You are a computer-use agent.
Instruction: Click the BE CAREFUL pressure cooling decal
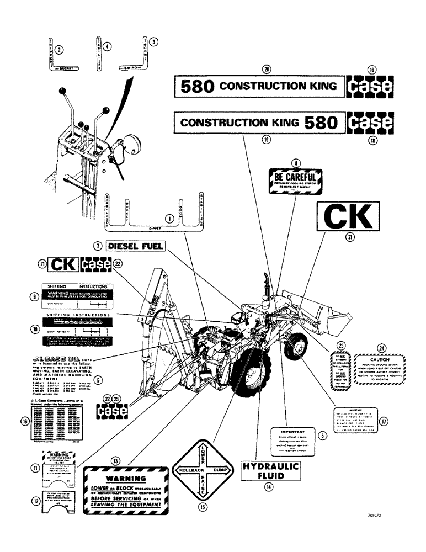point(294,182)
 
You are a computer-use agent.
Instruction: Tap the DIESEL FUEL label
point(135,246)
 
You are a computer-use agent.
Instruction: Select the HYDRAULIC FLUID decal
point(270,471)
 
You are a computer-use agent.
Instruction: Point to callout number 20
point(267,70)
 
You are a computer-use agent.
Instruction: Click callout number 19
point(267,140)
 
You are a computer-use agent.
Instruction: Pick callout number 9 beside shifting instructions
point(34,297)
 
